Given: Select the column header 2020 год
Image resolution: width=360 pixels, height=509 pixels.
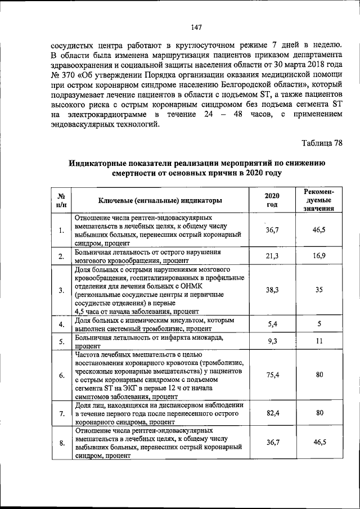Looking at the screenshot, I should (x=272, y=200).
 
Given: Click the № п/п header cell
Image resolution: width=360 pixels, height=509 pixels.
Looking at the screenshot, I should (x=60, y=200).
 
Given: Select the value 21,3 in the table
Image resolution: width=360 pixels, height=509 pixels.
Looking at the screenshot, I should (x=272, y=256).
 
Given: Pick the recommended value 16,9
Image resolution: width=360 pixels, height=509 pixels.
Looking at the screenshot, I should (x=318, y=256).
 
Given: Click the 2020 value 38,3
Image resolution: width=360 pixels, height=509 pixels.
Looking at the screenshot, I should (x=272, y=290).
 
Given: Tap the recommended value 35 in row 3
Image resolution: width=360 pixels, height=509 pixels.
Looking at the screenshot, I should (x=318, y=290).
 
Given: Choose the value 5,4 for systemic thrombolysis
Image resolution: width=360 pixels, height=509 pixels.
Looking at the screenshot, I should (x=272, y=324).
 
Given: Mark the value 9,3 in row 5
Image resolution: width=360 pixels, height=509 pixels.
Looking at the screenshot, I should (x=272, y=341).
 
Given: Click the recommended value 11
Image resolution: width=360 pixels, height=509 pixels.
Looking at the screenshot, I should (x=318, y=341).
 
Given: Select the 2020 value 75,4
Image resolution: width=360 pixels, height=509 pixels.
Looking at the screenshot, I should (x=272, y=375).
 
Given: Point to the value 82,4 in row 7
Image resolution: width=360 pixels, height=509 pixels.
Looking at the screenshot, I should (x=272, y=413).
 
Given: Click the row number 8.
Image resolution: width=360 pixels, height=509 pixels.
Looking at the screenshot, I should (x=61, y=444).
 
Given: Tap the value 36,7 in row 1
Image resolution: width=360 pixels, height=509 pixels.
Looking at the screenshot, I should (x=272, y=230).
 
